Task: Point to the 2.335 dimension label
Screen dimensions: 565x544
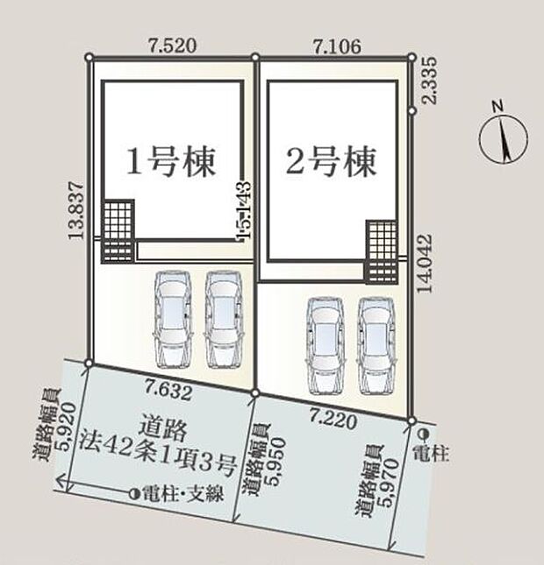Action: (x=430, y=81)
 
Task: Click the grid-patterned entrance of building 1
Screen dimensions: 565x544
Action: (x=120, y=232)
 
